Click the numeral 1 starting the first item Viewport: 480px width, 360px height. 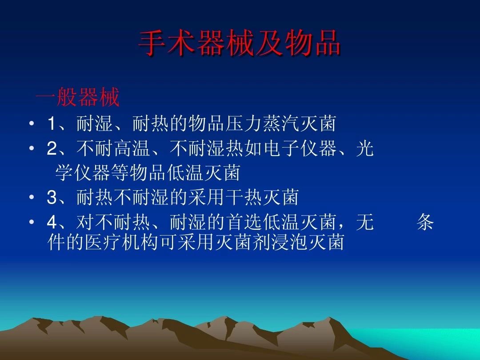(52, 124)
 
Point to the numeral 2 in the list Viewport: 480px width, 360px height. (52, 149)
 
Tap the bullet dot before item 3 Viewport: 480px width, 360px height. (32, 198)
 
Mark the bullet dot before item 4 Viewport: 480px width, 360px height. (32, 223)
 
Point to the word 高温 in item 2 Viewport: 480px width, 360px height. (132, 149)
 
